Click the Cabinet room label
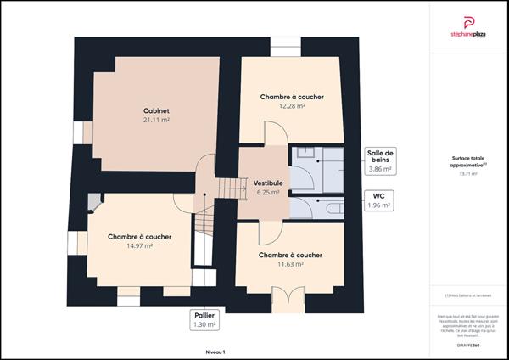click(156, 110)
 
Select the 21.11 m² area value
click(156, 121)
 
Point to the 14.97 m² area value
click(139, 245)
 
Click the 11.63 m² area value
click(290, 264)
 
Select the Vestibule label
click(267, 183)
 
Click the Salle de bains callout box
click(378, 161)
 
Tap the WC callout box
click(378, 200)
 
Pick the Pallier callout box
click(204, 319)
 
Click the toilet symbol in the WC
click(330, 207)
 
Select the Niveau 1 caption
click(215, 350)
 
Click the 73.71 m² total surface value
click(467, 174)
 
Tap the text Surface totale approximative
click(467, 161)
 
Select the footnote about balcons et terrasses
click(467, 295)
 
